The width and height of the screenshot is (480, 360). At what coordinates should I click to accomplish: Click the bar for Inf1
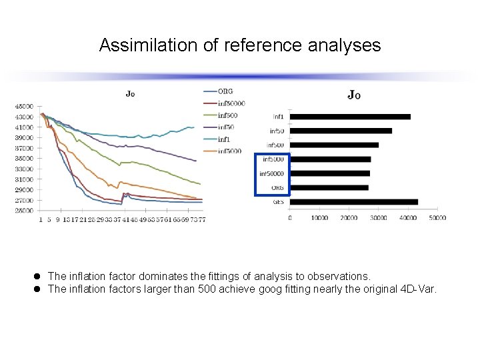(351, 117)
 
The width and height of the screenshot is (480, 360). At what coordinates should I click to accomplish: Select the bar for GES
(354, 202)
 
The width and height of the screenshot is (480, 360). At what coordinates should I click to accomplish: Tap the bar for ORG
(329, 187)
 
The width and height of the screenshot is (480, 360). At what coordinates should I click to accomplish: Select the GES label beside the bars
(278, 202)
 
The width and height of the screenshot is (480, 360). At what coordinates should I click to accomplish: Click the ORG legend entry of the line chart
(225, 91)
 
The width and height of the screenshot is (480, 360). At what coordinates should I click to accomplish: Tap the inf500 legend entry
(227, 115)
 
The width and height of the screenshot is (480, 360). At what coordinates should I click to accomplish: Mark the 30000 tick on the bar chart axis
(379, 218)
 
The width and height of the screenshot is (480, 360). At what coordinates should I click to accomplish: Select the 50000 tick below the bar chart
(437, 218)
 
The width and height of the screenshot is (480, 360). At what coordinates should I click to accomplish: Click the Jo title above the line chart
(130, 94)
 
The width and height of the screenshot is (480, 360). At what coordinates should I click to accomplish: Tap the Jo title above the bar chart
(354, 95)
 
